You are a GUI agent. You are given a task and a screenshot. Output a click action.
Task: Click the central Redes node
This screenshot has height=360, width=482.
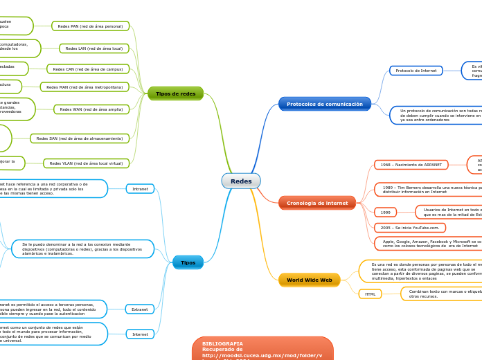coord(241,181)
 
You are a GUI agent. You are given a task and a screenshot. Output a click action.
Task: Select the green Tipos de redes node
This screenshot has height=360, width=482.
coord(175,93)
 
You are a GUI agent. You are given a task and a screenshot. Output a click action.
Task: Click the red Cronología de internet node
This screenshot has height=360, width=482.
coord(317,203)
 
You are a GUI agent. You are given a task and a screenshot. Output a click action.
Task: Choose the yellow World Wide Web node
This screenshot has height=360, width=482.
coord(310,280)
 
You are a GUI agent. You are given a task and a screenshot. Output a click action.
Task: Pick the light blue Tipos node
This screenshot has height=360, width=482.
coord(188,262)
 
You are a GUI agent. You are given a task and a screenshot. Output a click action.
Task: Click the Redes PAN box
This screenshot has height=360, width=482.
coord(90,26)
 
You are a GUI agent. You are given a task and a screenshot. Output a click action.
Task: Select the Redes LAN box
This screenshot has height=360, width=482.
coord(94,48)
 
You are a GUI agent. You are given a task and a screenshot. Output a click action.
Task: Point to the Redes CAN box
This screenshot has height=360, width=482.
coord(88,69)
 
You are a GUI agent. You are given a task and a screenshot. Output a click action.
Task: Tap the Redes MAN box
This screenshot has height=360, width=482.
coord(84,87)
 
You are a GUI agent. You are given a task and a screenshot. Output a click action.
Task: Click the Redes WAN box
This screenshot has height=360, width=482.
coord(91,109)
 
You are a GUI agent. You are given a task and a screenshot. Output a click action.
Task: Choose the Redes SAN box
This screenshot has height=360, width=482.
coord(80,138)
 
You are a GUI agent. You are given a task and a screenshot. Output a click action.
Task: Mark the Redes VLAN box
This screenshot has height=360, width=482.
coord(86,163)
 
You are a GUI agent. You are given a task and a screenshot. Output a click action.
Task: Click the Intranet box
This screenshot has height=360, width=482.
coord(140,188)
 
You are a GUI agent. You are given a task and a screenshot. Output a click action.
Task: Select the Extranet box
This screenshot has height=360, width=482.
coord(140,309)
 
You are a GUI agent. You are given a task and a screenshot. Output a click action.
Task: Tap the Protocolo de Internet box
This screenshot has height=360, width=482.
coord(416,71)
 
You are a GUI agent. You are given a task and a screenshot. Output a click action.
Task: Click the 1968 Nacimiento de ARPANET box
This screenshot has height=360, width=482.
coord(411,165)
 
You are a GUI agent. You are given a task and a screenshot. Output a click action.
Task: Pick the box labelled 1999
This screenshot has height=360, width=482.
coord(385,213)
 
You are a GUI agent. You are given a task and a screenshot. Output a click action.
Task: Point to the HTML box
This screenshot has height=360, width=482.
coord(370,294)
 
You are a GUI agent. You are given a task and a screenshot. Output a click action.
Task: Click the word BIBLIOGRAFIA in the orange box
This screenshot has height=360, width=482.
coord(222,343)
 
